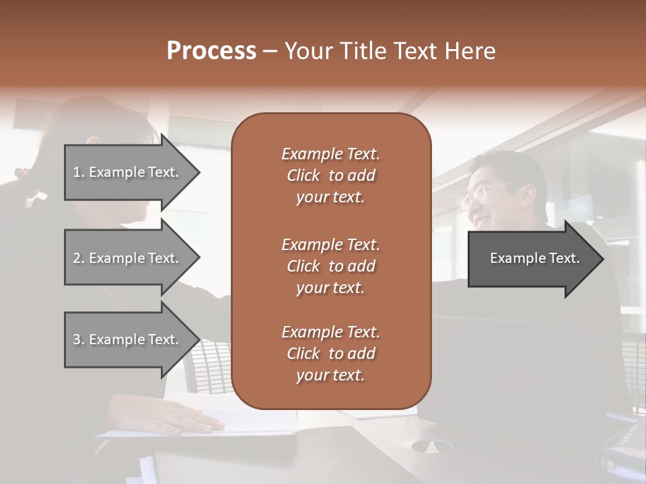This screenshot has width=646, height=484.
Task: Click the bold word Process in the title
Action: [211, 51]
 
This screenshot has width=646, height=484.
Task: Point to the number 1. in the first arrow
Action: [79, 172]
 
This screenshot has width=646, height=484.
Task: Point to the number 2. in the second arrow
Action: [79, 258]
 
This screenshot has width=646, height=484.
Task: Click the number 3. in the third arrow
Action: [79, 339]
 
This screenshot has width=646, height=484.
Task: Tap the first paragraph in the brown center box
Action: [330, 175]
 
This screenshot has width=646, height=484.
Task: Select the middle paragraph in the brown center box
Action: [330, 266]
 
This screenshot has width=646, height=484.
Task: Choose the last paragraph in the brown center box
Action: [330, 354]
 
